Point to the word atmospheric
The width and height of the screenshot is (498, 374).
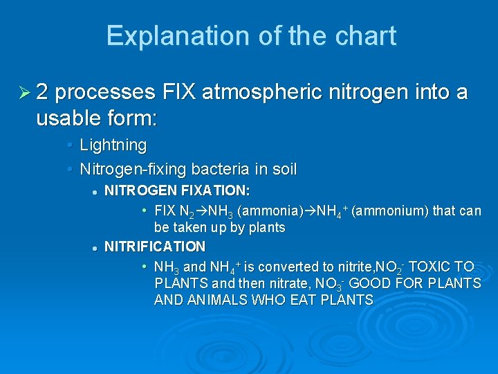pyautogui.click(x=272, y=91)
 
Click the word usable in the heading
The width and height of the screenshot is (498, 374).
pyautogui.click(x=66, y=118)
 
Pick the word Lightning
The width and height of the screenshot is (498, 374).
pyautogui.click(x=113, y=145)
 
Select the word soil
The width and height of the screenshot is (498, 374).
pyautogui.click(x=284, y=169)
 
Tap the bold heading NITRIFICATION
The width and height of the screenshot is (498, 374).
pyautogui.click(x=155, y=246)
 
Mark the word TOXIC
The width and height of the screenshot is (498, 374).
pyautogui.click(x=434, y=267)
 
